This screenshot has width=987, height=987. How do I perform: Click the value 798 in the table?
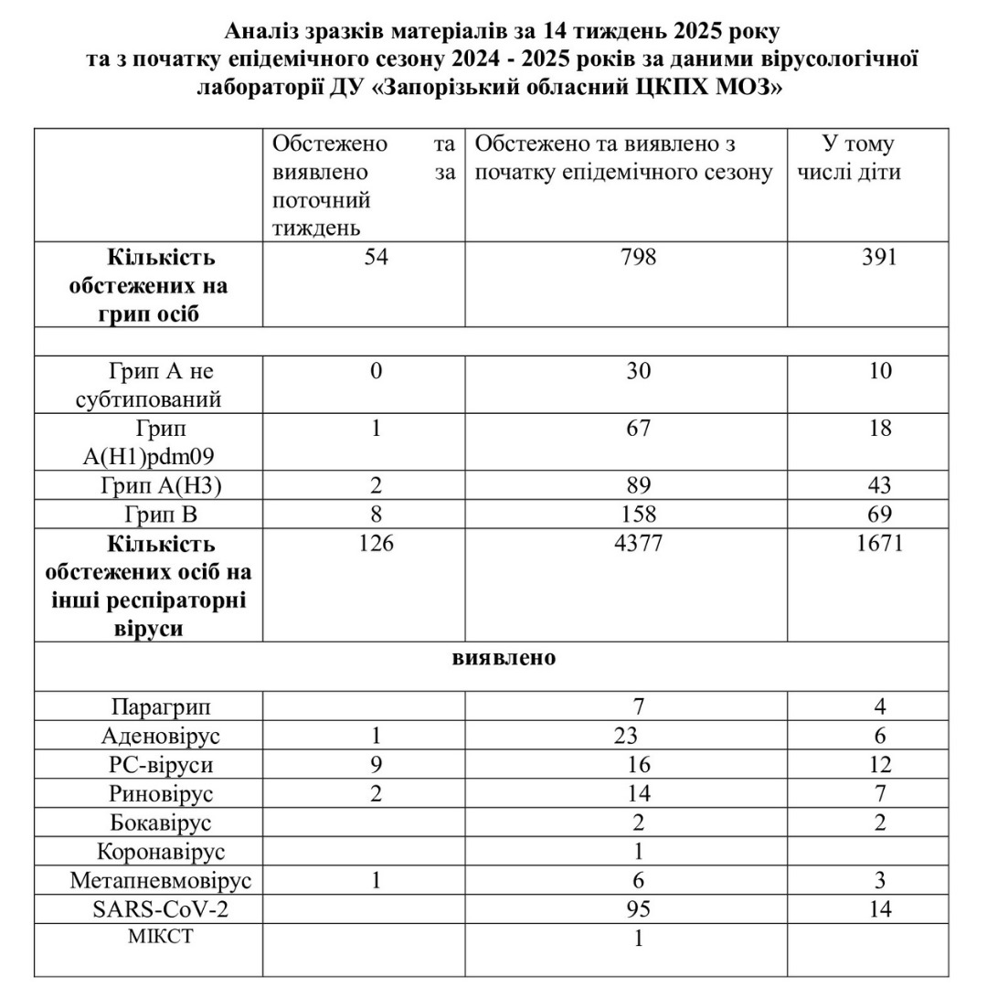637,257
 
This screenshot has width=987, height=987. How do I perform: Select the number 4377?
637,544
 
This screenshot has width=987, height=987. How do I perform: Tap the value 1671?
880,544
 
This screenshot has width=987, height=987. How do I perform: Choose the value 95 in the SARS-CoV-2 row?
638,908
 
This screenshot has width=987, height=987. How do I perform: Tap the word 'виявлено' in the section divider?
504,658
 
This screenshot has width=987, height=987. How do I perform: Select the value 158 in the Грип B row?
638,515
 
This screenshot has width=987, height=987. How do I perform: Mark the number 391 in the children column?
879,257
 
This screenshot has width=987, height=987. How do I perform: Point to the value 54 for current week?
376,257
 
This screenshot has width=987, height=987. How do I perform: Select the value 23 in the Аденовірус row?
638,736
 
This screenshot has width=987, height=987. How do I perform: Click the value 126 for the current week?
376,544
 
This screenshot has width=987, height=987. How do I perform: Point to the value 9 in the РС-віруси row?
376,764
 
